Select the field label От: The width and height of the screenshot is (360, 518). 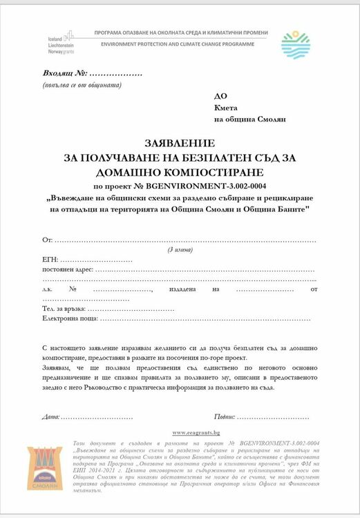(x=48, y=240)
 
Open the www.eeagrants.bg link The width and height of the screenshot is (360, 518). (x=196, y=432)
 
